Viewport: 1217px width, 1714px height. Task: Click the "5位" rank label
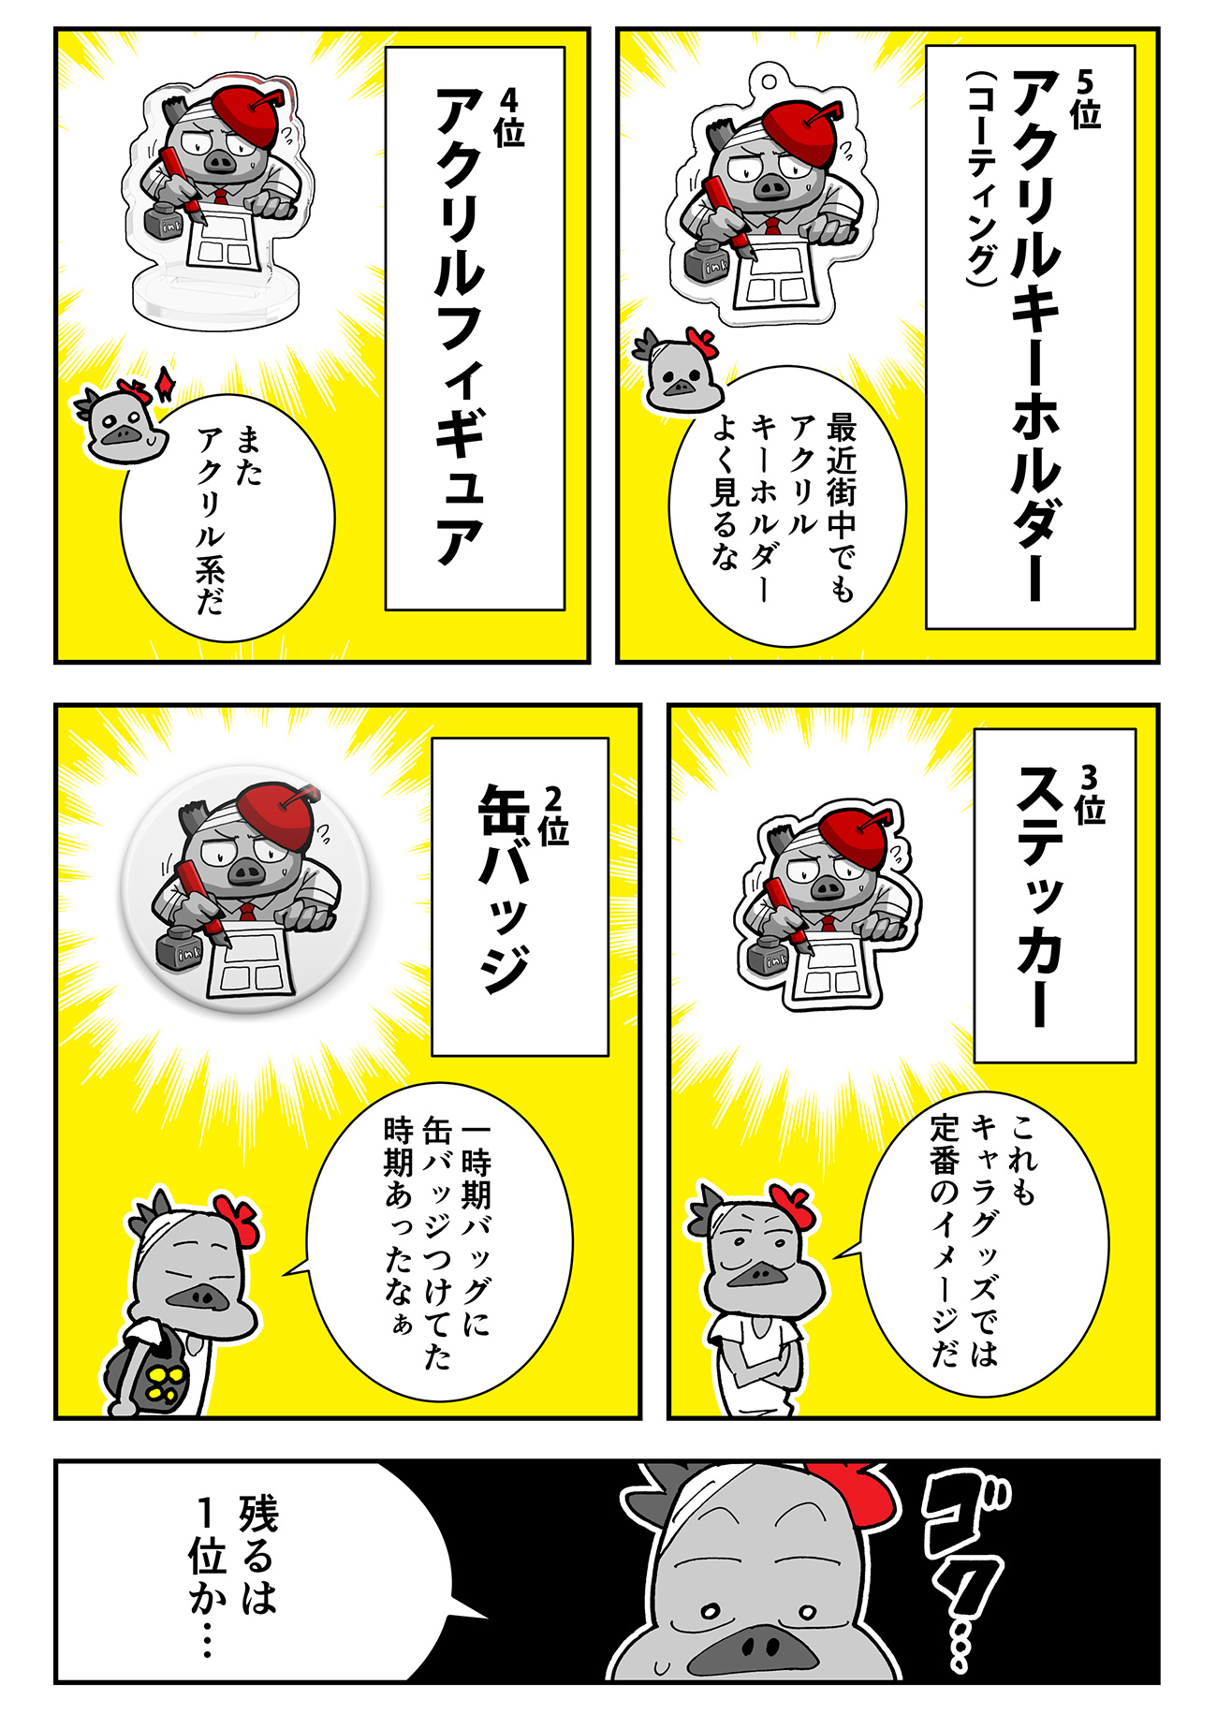1086,98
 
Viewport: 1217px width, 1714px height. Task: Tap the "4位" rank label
509,117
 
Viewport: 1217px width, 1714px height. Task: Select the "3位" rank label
1090,794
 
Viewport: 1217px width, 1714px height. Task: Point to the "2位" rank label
553,815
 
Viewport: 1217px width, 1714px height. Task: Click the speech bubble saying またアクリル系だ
227,519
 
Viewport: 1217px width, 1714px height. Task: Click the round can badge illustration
247,889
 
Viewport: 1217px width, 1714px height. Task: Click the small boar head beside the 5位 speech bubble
676,369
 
